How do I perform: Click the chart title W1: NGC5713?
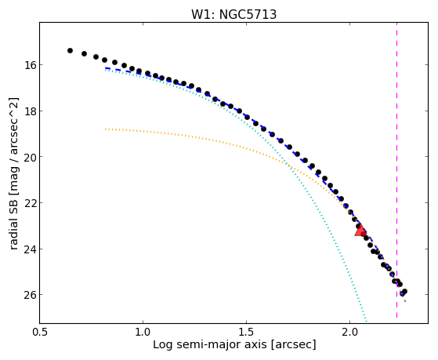point(233,14)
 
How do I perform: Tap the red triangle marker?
point(360,231)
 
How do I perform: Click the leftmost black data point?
point(70,51)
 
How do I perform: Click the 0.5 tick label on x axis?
point(40,332)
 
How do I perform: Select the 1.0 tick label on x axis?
point(143,332)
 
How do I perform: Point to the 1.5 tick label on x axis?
point(246,332)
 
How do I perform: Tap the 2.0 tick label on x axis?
point(349,332)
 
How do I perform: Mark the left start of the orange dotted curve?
point(105,129)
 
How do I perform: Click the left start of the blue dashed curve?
point(105,68)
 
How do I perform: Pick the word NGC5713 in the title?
point(248,14)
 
